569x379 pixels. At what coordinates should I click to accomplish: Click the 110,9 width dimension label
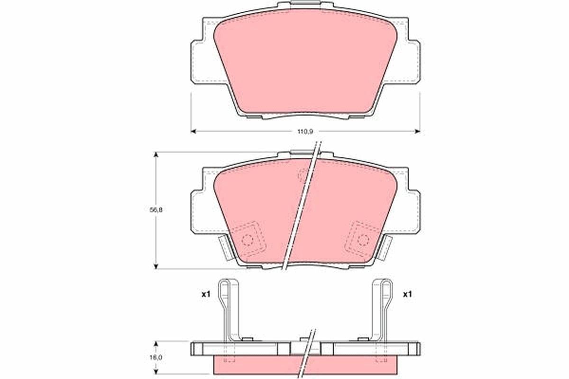click(305, 132)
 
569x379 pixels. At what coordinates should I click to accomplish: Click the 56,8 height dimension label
click(156, 210)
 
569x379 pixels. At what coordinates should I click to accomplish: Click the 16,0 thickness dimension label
click(156, 357)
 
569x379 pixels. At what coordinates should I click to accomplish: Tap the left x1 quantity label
click(206, 295)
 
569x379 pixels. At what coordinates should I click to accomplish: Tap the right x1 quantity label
click(407, 295)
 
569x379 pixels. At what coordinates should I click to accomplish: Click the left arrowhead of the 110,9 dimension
click(193, 131)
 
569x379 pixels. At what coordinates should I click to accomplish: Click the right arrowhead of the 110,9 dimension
click(417, 131)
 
